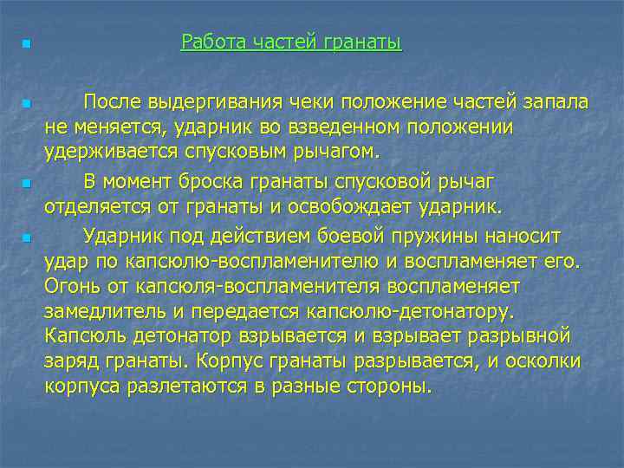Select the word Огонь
click(75, 285)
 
